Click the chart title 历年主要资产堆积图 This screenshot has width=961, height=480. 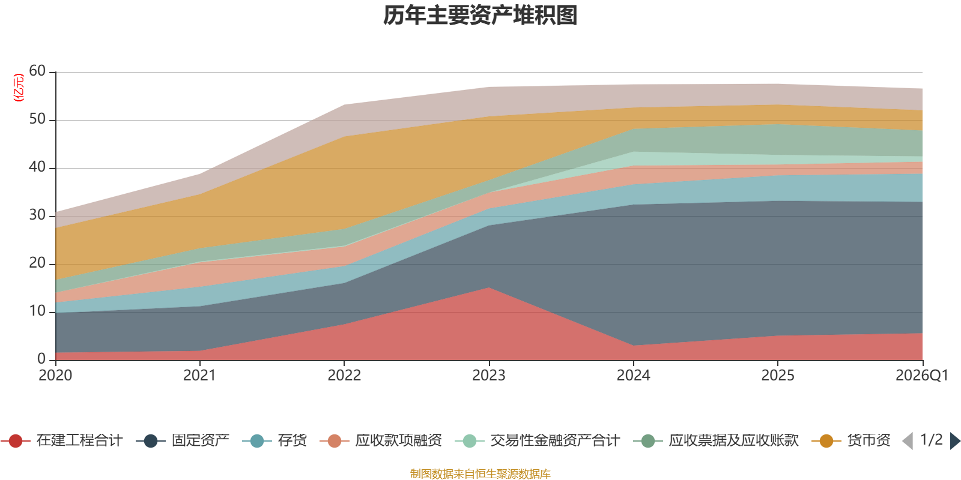pos(480,16)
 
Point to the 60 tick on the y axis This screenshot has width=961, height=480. pos(37,71)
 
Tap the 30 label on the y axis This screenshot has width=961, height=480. pos(37,215)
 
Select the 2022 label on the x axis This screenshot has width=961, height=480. pos(344,376)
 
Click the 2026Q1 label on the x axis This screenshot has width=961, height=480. pos(922,376)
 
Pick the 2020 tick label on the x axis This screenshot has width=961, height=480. pos(55,376)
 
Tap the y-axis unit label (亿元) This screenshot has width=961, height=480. pos(19,88)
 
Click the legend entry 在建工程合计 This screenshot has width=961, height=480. pos(62,440)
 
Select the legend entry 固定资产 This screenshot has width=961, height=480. pos(183,440)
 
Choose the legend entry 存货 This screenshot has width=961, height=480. pos(274,440)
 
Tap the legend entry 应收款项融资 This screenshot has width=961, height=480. pos(381,440)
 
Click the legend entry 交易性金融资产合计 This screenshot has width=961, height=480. pos(538,440)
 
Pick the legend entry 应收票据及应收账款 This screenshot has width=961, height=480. pos(716,440)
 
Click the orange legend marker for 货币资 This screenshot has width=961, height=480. pos(826,440)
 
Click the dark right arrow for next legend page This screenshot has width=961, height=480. pos(956,440)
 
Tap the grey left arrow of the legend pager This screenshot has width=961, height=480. pos(908,440)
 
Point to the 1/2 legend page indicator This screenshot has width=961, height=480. pos(932,440)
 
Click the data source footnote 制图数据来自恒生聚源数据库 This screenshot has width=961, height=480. pos(480,473)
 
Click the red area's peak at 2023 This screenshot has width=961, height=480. pos(489,287)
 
